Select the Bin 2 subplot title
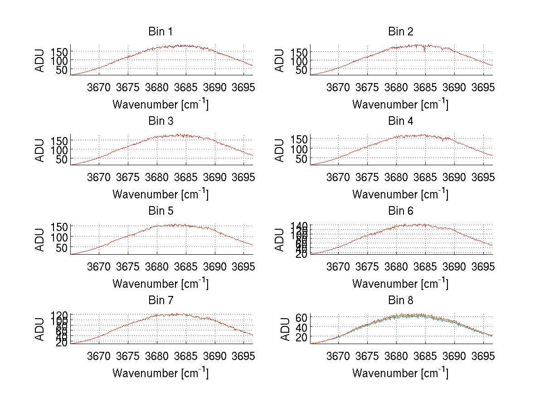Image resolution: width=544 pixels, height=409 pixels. (400, 32)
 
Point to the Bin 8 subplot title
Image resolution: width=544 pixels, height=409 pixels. (400, 301)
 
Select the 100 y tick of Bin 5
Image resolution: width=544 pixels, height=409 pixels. (62, 237)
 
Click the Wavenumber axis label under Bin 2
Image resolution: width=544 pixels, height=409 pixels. (400, 104)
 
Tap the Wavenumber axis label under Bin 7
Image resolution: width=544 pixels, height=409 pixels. (160, 373)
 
